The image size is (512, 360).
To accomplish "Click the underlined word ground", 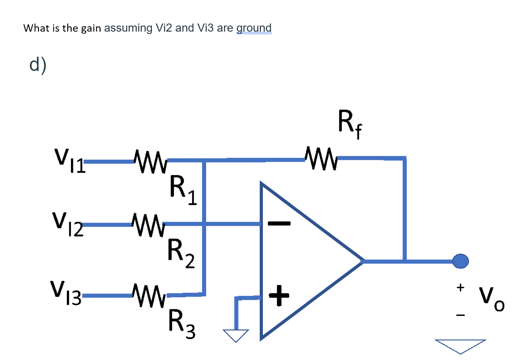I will pos(254,28).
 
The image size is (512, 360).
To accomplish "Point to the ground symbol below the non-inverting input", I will pos(236,335).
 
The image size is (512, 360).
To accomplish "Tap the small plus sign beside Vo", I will pos(460,287).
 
